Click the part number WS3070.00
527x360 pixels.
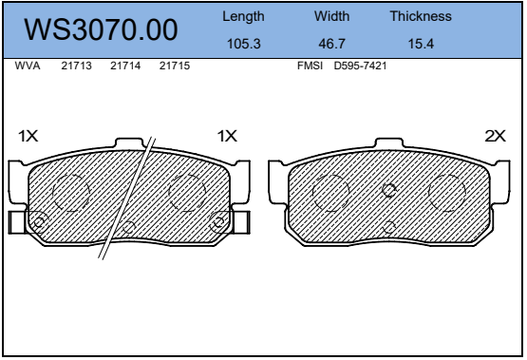[101, 29]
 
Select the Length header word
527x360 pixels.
[243, 17]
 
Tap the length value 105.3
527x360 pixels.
[244, 44]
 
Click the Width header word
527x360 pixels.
[331, 16]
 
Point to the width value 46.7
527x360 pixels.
[331, 44]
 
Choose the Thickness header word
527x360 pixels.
[421, 16]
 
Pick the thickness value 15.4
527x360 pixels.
[421, 44]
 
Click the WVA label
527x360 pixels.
[28, 66]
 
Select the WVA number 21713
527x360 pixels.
[76, 66]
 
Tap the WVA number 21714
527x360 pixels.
[125, 66]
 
